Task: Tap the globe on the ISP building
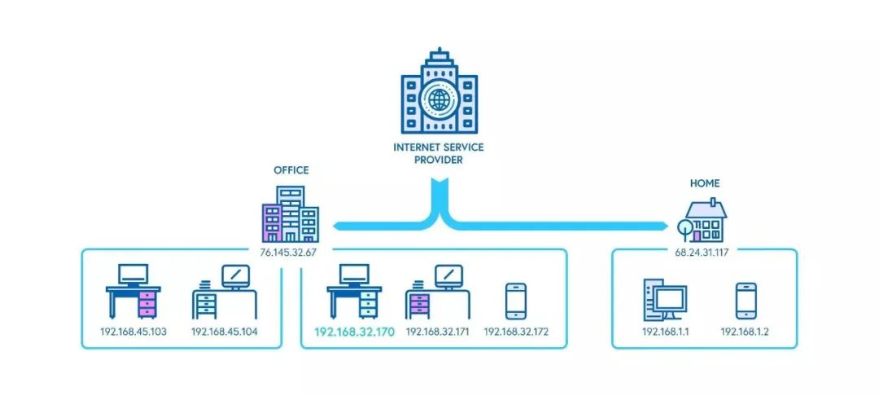tap(439, 105)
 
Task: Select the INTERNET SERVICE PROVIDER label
tap(439, 154)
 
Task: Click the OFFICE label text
tap(291, 171)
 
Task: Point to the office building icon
tap(290, 213)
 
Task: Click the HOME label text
tap(705, 184)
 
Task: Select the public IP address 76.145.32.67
tap(288, 253)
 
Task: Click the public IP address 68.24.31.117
tap(701, 253)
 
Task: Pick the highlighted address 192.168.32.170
tap(353, 332)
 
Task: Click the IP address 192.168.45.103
tap(133, 332)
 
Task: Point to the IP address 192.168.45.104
tap(225, 332)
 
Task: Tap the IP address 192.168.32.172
tap(516, 332)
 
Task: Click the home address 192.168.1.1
tap(665, 332)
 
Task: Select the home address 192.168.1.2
tap(745, 332)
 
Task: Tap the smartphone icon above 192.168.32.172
tap(516, 301)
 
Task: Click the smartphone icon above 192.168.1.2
tap(746, 301)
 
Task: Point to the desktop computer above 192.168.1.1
tap(665, 300)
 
